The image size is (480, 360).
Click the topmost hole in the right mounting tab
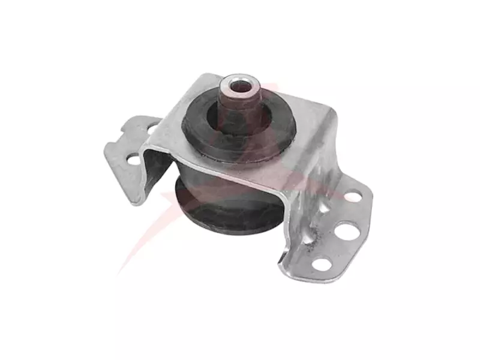point(353,196)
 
